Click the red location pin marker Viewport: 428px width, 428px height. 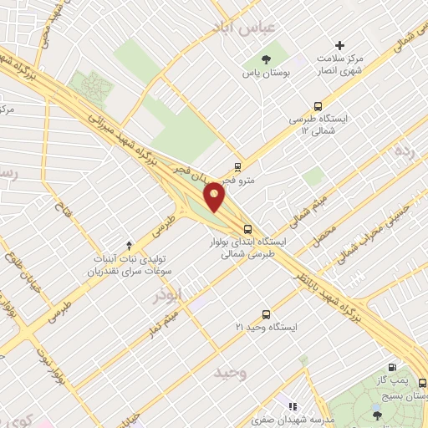pyautogui.click(x=216, y=196)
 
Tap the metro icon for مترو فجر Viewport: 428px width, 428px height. pyautogui.click(x=238, y=166)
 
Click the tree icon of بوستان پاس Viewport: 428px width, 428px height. pyautogui.click(x=265, y=59)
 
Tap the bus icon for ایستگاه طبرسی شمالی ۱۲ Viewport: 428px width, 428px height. pyautogui.click(x=317, y=106)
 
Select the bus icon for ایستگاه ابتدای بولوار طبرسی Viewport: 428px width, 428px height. pyautogui.click(x=247, y=228)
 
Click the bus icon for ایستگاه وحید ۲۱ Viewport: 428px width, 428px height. pyautogui.click(x=266, y=314)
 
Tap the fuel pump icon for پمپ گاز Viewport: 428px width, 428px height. pyautogui.click(x=391, y=367)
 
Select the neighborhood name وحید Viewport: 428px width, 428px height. pyautogui.click(x=232, y=370)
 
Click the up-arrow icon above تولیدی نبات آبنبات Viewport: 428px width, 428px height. pyautogui.click(x=129, y=245)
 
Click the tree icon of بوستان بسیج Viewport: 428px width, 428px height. pyautogui.click(x=376, y=413)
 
